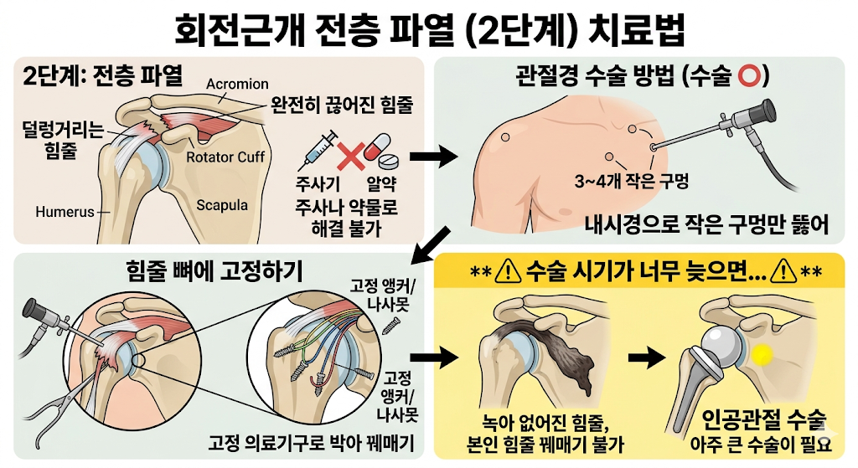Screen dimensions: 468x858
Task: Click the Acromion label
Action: (237, 84)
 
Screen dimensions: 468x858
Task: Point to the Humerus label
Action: (65, 212)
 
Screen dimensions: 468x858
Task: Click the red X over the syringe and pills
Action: (350, 154)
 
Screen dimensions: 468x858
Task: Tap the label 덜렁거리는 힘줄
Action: (62, 139)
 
